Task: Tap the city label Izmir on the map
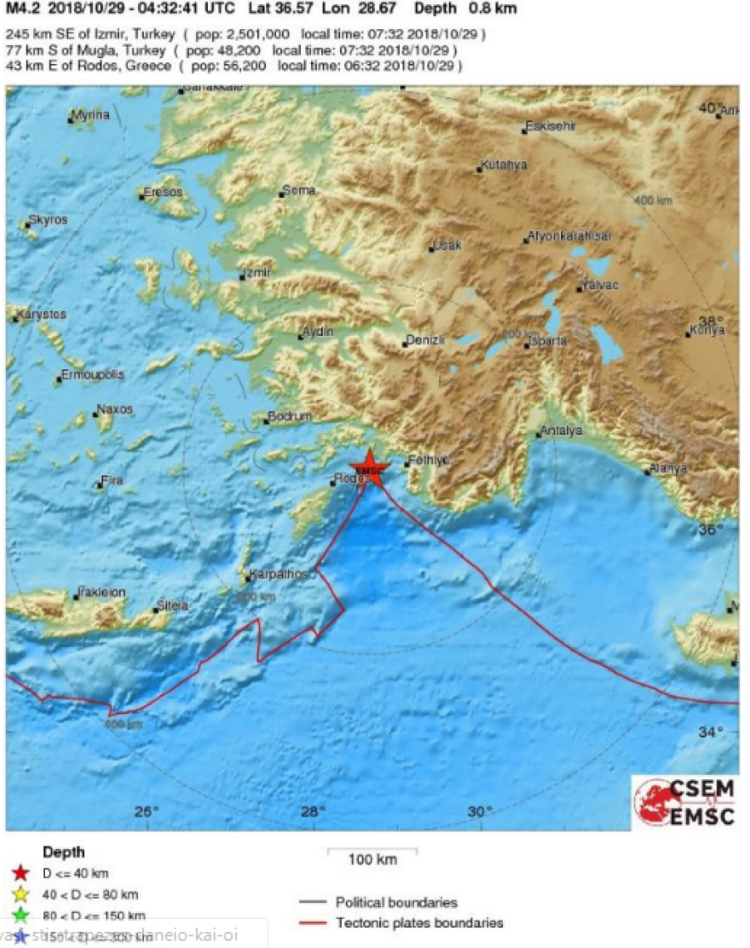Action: [x=257, y=273]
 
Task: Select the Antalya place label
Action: [x=562, y=431]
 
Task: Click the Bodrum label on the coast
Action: [x=289, y=417]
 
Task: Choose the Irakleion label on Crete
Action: [x=101, y=592]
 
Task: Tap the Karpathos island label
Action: [x=277, y=575]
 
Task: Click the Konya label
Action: [x=707, y=330]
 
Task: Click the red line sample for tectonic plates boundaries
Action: [x=313, y=923]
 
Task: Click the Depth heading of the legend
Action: [x=64, y=852]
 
